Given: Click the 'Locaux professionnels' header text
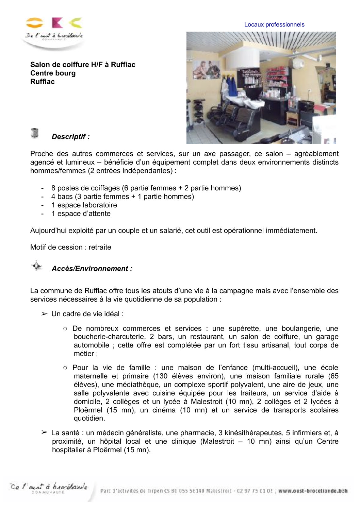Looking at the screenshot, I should pyautogui.click(x=274, y=24).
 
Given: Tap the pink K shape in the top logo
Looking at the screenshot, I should pyautogui.click(x=57, y=23).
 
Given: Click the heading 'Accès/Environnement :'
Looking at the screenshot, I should pyautogui.click(x=92, y=269).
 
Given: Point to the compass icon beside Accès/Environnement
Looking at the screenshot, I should pyautogui.click(x=36, y=266).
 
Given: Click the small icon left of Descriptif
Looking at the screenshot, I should pyautogui.click(x=34, y=133).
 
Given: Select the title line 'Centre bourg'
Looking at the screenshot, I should pyautogui.click(x=53, y=73).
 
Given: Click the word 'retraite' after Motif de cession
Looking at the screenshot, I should pyautogui.click(x=100, y=247).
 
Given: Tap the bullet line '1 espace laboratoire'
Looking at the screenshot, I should pyautogui.click(x=84, y=205).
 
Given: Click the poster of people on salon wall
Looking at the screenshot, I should pyautogui.click(x=207, y=70).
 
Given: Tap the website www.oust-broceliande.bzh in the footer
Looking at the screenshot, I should pyautogui.click(x=312, y=491).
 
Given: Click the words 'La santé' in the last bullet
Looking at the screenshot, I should pyautogui.click(x=65, y=433).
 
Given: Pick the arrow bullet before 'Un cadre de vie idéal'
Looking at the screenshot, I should pyautogui.click(x=44, y=314).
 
